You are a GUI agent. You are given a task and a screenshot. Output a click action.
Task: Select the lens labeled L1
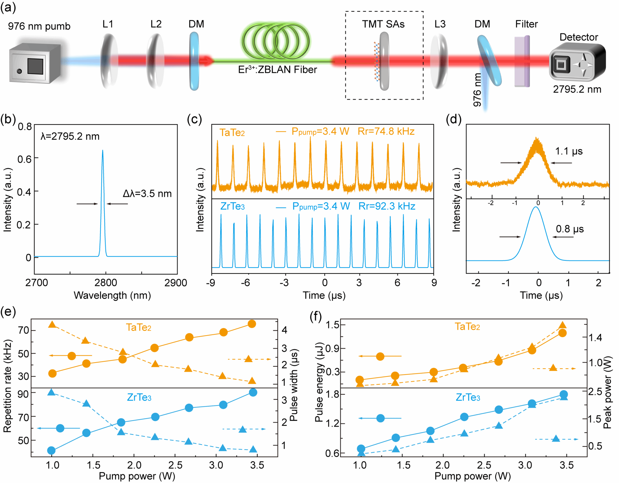[x=109, y=61]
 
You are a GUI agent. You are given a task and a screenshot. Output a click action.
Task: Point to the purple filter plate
[x=522, y=61]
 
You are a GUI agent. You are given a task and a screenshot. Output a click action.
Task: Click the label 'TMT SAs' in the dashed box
[x=383, y=24]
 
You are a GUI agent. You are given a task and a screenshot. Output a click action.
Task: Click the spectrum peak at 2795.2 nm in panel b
[x=103, y=151]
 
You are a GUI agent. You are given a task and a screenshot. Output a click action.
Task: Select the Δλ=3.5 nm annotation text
[x=147, y=194]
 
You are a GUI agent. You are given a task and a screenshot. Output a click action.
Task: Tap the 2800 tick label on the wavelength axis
[x=105, y=283]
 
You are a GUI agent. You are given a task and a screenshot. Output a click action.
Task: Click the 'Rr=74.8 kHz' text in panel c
[x=386, y=131]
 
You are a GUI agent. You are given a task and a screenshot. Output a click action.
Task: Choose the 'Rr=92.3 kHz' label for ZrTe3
[x=387, y=206]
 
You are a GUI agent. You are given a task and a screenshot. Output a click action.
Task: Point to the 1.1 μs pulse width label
[x=569, y=151]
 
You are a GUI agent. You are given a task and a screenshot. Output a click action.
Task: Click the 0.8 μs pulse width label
[x=570, y=229]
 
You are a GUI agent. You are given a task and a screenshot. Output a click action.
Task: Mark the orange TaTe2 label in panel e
[x=138, y=327]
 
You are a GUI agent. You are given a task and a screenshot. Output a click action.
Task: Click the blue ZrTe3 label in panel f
[x=468, y=397]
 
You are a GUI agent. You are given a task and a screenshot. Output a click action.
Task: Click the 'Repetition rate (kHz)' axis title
[x=7, y=386]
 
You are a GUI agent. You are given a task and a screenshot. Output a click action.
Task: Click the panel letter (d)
[x=454, y=120]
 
